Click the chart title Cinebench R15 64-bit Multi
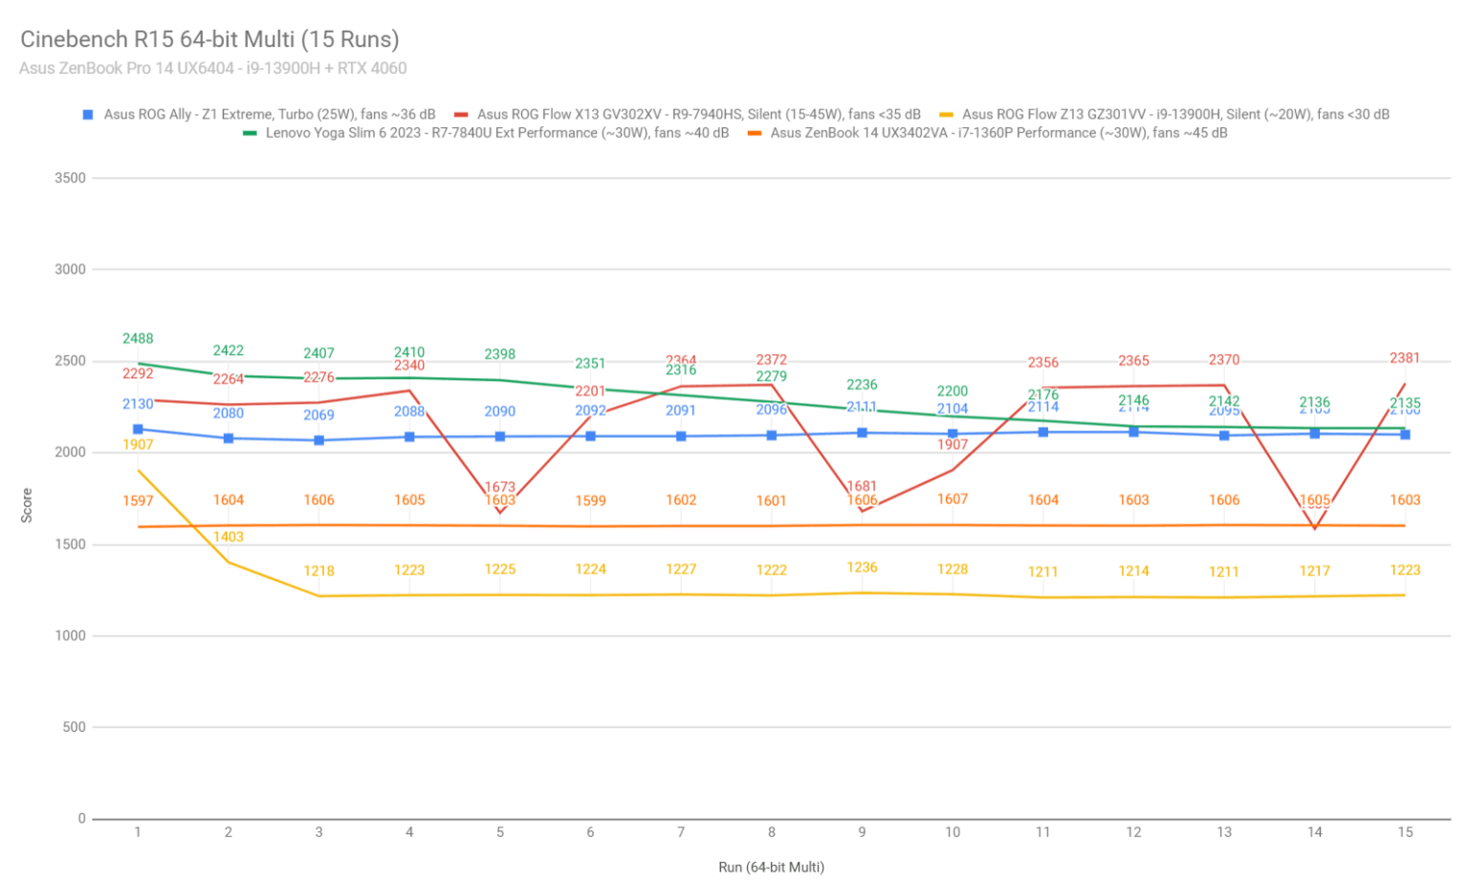pos(209,39)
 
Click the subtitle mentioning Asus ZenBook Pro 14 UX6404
pos(212,68)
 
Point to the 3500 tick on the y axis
pos(70,178)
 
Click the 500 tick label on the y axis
pos(74,727)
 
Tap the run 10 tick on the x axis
pos(953,832)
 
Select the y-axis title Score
pos(27,505)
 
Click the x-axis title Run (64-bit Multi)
pos(771,867)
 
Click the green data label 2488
pos(138,339)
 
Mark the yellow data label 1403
pos(229,537)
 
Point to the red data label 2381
pos(1405,358)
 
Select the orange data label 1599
pos(590,500)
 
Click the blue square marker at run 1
pos(138,430)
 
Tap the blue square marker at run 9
pos(862,432)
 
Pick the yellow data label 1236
pos(862,567)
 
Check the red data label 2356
pos(1043,363)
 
